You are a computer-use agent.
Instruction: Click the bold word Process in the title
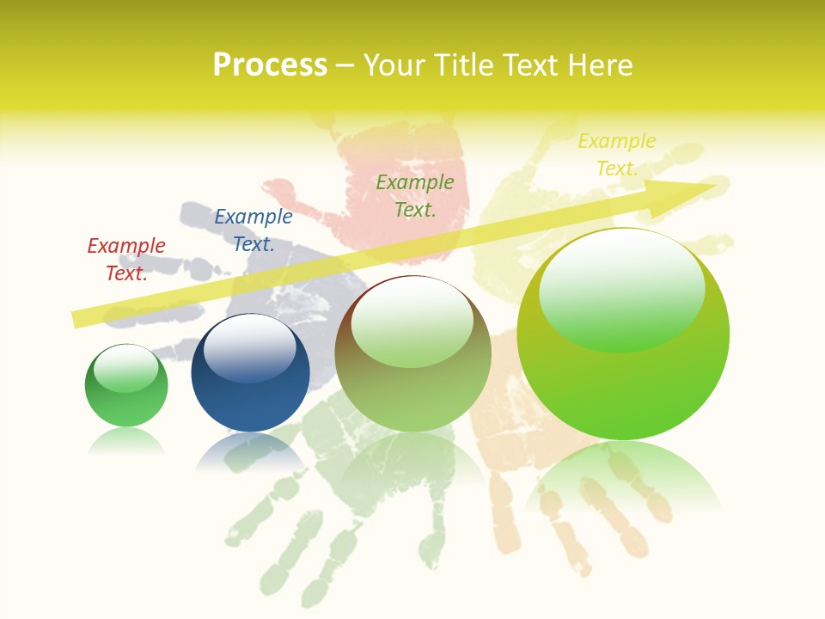pyautogui.click(x=270, y=65)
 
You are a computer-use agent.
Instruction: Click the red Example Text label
pyautogui.click(x=126, y=259)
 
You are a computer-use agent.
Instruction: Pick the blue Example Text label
pyautogui.click(x=254, y=230)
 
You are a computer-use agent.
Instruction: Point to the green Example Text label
pyautogui.click(x=415, y=195)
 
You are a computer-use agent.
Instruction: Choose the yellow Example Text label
pyautogui.click(x=617, y=155)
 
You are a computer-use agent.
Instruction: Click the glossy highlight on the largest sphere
pyautogui.click(x=621, y=288)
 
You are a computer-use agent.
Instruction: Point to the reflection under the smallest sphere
pyautogui.click(x=126, y=440)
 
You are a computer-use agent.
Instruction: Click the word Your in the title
pyautogui.click(x=394, y=65)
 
